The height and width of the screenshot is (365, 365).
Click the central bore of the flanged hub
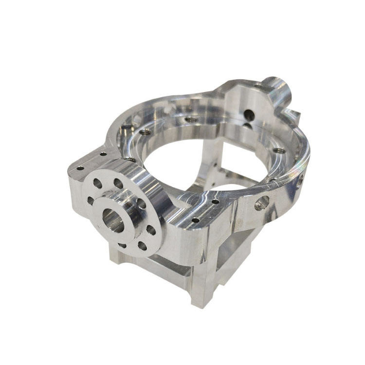click(x=113, y=222)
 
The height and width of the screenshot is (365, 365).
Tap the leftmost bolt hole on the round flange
click(x=91, y=200)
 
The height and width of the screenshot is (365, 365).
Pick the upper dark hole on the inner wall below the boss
click(x=249, y=115)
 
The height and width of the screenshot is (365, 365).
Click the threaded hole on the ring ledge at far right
click(x=279, y=151)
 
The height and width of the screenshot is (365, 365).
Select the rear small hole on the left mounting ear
click(x=103, y=154)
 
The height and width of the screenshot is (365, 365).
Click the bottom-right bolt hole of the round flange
click(x=142, y=246)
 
